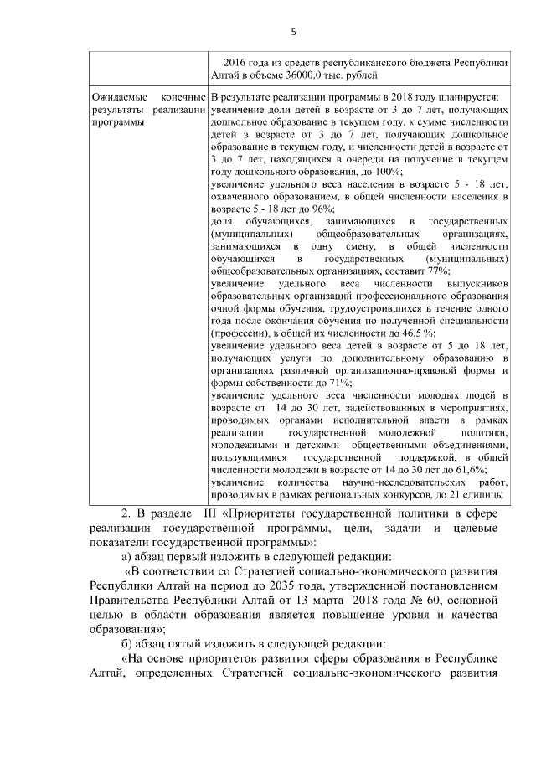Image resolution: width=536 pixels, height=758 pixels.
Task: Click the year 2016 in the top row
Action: coord(238,62)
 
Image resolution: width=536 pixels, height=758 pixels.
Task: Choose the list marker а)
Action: coord(128,559)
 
